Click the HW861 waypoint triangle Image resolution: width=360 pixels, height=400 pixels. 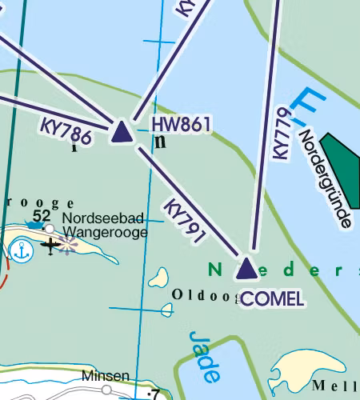tap(122, 132)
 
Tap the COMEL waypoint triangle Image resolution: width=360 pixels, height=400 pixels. tap(246, 269)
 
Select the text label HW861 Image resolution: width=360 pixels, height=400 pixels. tap(180, 125)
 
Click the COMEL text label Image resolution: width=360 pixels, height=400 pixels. tap(272, 299)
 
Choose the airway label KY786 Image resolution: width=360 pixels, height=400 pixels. tap(66, 131)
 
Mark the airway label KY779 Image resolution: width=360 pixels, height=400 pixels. tap(281, 133)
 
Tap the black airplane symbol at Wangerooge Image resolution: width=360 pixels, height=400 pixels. tap(52, 246)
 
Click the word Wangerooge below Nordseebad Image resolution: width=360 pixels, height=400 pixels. tap(105, 232)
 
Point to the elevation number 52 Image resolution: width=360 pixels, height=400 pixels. tap(42, 216)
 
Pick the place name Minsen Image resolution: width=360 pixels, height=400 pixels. tap(105, 376)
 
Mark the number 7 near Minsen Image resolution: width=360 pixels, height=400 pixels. tap(154, 394)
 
